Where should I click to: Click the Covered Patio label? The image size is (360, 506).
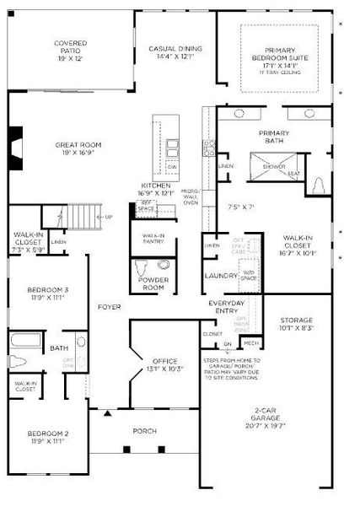point(71,48)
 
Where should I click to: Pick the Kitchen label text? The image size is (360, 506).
point(156,188)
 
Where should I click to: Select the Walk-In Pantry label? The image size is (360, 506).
point(153,239)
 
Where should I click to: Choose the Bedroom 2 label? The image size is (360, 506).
point(46,437)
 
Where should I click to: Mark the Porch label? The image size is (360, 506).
point(145,431)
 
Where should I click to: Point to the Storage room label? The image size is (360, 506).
point(296,324)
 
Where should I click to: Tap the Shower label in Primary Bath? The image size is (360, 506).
point(274,167)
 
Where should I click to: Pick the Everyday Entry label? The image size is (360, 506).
point(226,307)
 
